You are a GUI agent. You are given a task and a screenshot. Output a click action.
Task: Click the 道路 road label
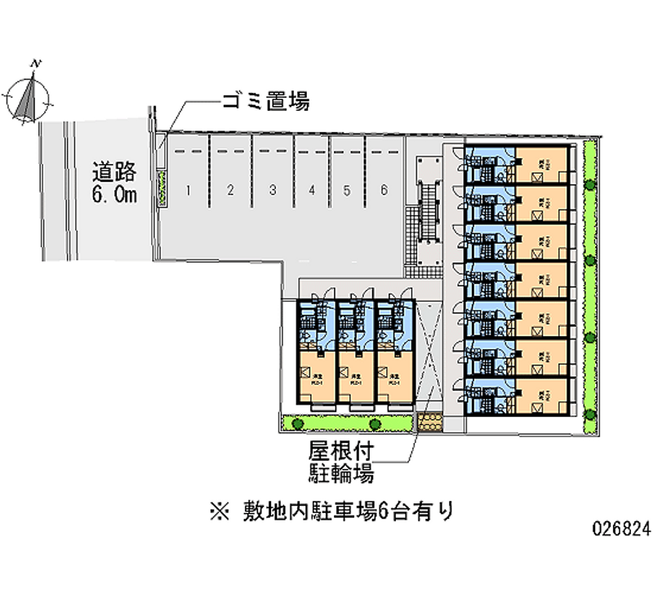point(113,174)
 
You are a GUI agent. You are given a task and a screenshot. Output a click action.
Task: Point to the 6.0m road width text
point(113,194)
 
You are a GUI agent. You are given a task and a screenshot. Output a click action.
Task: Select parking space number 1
point(189,191)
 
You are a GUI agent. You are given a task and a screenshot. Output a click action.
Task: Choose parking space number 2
point(231,191)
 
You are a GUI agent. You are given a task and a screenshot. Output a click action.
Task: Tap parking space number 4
point(312,191)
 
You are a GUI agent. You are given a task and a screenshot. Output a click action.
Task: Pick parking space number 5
point(347,191)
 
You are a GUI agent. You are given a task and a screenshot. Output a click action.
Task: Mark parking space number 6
point(384,191)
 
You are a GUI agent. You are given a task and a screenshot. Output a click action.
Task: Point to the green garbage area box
point(163,188)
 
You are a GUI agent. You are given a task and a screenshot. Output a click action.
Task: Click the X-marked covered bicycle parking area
point(428,355)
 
